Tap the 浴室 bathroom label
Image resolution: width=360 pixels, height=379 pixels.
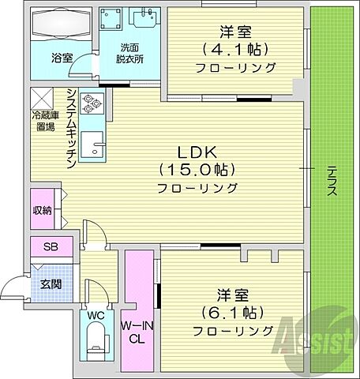[x=62, y=58]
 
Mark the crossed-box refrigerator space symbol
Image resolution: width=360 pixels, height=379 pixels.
[x=41, y=99]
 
